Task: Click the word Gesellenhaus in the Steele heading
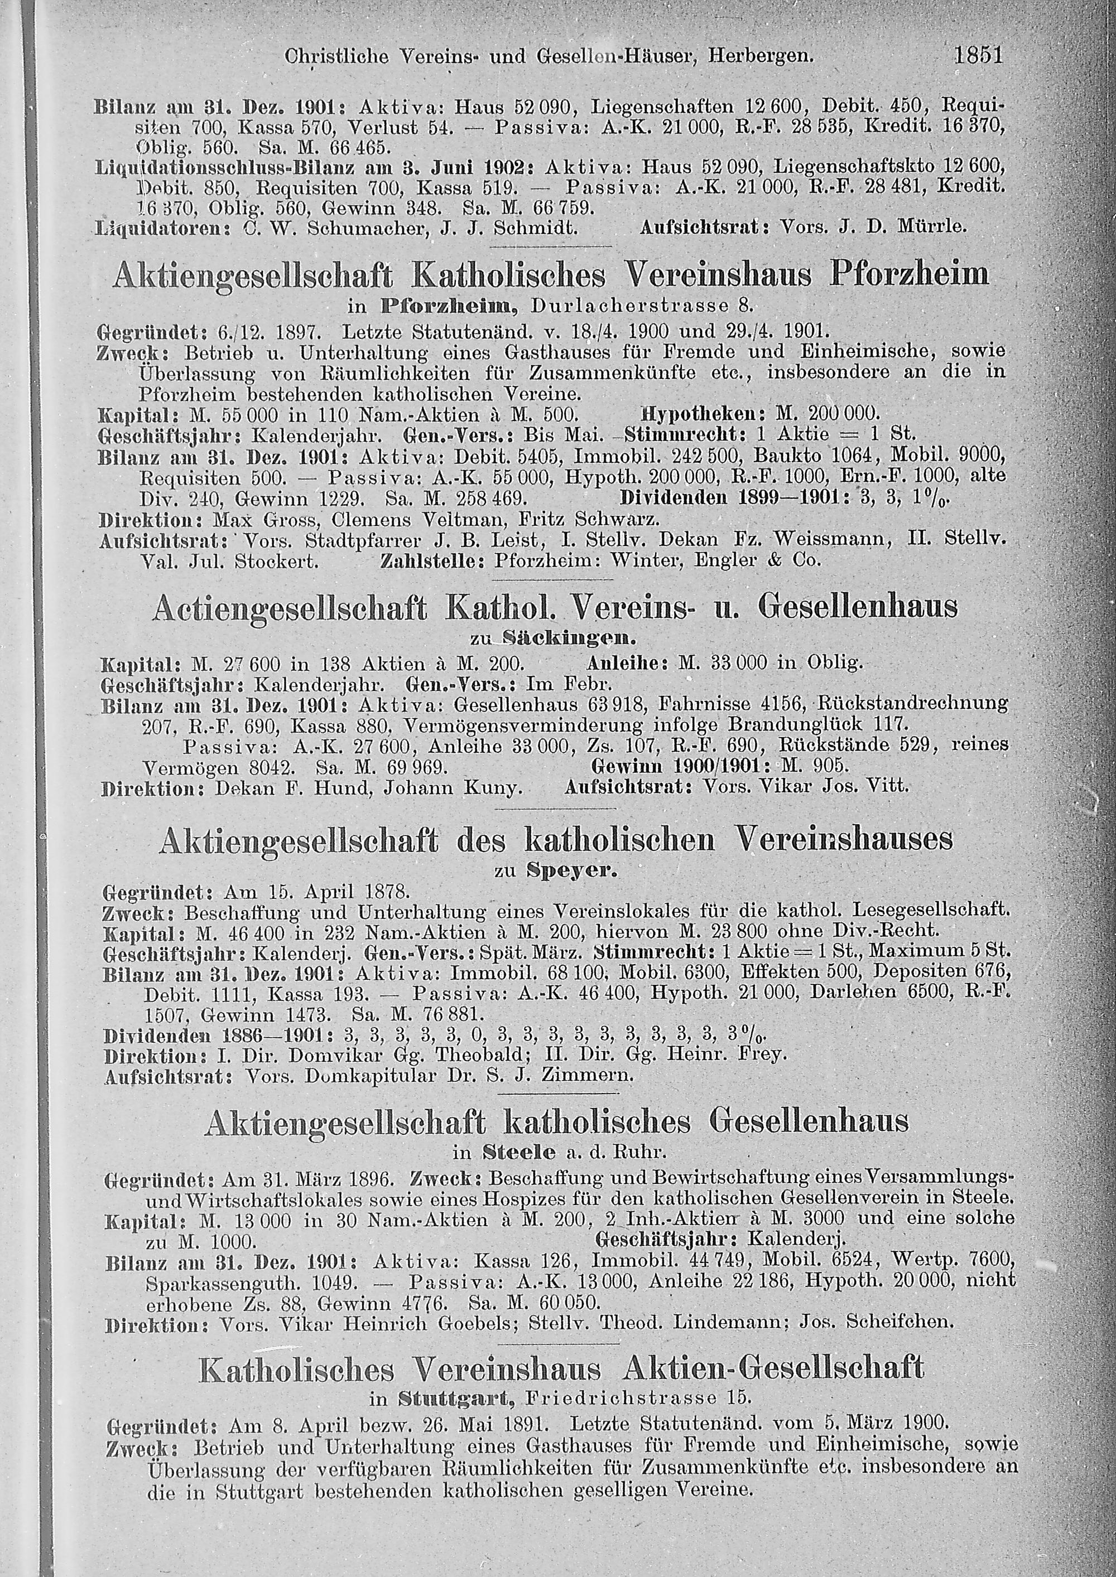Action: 809,1121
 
